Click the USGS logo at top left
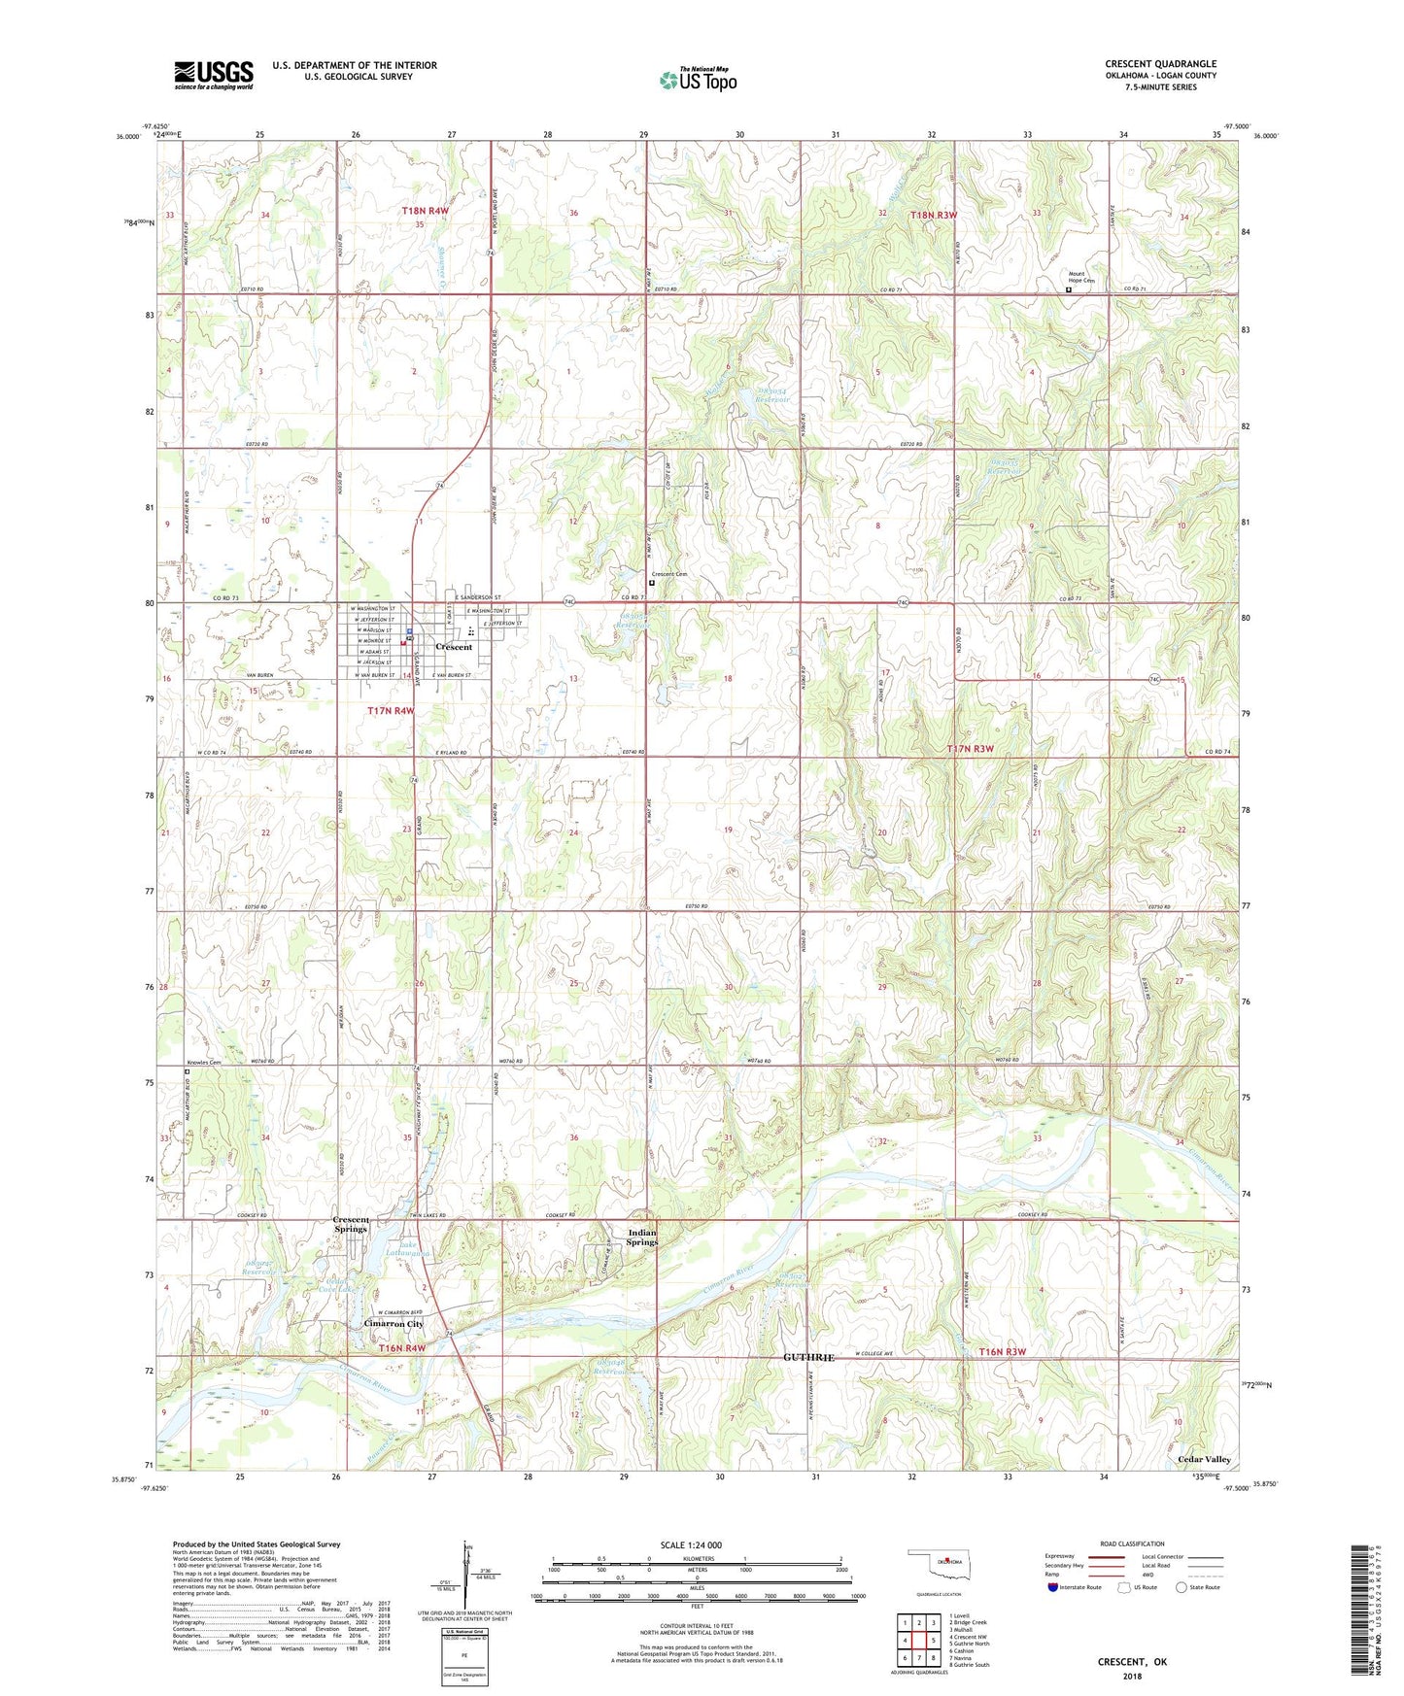[x=214, y=75]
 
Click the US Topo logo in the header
[x=698, y=80]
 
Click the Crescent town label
[x=454, y=647]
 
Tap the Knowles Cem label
[x=203, y=1062]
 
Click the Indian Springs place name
[x=641, y=1238]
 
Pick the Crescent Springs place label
[x=351, y=1224]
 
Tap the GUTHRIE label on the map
[x=808, y=1358]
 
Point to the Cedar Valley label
[x=1204, y=1460]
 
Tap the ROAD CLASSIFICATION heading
[x=1132, y=1543]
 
